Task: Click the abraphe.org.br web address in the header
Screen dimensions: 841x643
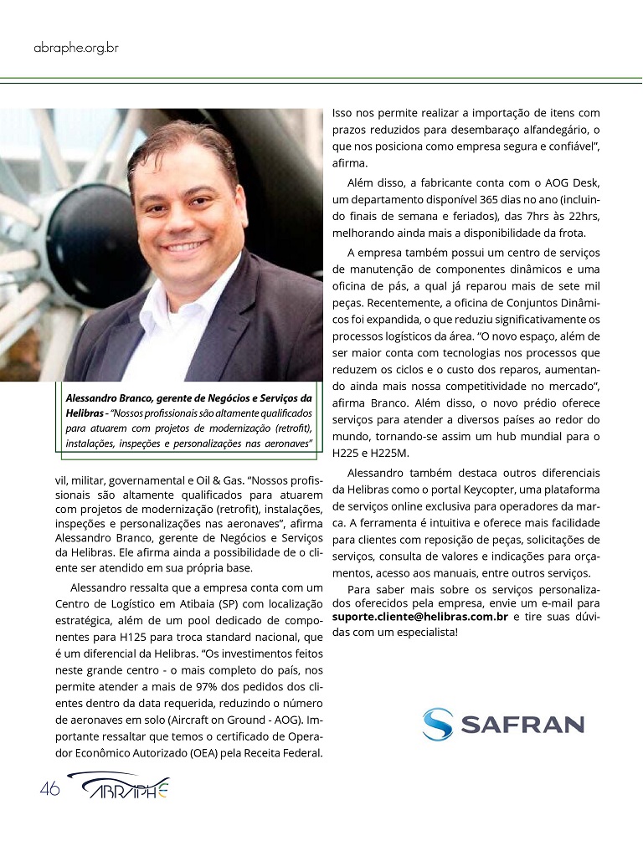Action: [x=75, y=48]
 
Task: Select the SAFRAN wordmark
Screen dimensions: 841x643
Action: [x=522, y=724]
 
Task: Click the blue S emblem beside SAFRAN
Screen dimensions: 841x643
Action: [x=437, y=724]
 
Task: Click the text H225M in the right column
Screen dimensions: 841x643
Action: [x=388, y=453]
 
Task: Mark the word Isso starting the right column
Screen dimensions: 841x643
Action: [x=345, y=111]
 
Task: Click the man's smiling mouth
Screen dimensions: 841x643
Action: [x=187, y=248]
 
